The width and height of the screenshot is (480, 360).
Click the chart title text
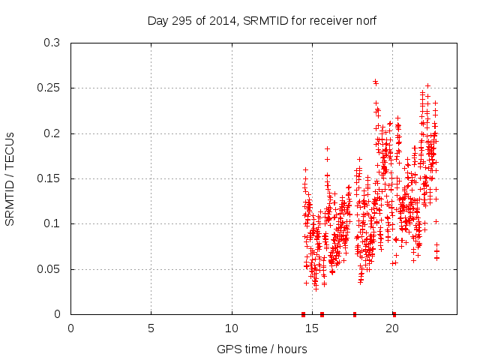click(262, 22)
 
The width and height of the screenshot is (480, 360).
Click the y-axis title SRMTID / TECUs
click(10, 178)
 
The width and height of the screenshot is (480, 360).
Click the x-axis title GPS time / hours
click(262, 349)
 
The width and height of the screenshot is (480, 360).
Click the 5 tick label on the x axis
click(151, 328)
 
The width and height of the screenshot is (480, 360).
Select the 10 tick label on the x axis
click(232, 328)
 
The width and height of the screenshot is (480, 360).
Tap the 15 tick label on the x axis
click(312, 328)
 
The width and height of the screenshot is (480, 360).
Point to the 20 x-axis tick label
click(392, 328)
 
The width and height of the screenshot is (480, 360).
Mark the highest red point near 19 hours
click(375, 82)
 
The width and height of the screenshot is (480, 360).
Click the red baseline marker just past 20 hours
click(394, 314)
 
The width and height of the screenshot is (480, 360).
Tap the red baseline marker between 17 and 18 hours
click(354, 314)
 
